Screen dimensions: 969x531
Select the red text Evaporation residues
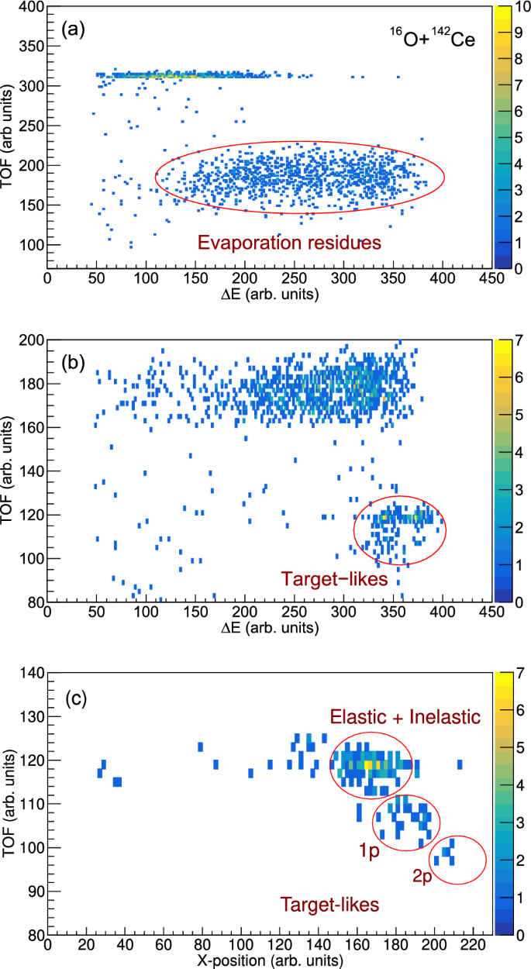pyautogui.click(x=289, y=243)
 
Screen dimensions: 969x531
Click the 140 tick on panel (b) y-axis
pyautogui.click(x=32, y=471)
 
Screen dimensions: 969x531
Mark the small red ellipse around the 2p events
pyautogui.click(x=457, y=860)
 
